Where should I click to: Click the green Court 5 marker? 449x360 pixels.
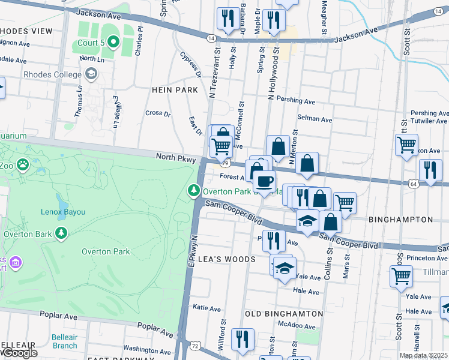(x=112, y=42)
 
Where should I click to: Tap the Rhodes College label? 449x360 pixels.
(x=52, y=74)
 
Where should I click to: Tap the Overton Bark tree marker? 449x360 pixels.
(x=61, y=233)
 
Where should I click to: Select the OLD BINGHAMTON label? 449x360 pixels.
(x=284, y=313)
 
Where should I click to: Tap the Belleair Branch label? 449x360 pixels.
(x=64, y=341)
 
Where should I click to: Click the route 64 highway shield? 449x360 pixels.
(x=414, y=183)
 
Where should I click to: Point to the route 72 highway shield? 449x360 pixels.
(x=194, y=346)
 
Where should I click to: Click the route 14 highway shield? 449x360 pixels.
(x=211, y=38)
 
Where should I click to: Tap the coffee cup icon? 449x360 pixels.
(x=264, y=181)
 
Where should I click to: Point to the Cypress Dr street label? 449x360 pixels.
(x=190, y=64)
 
